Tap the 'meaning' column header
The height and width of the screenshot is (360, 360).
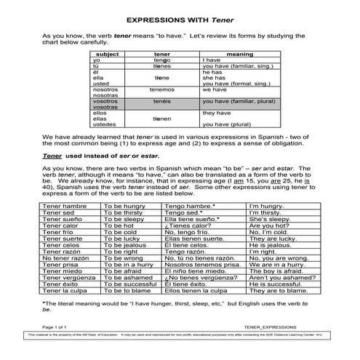coord(240,54)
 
